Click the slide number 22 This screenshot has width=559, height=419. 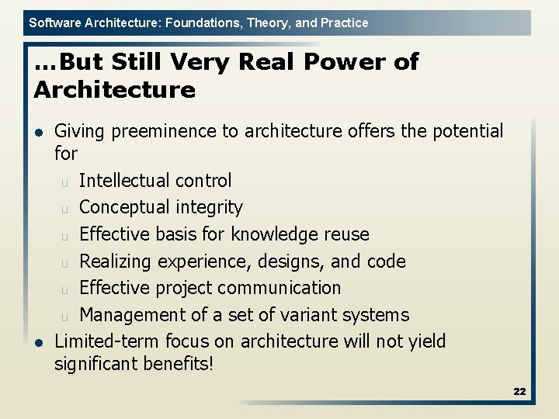pyautogui.click(x=519, y=392)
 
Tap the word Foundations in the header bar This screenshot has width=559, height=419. pyautogui.click(x=196, y=23)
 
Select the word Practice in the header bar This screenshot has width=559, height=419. pyautogui.click(x=342, y=23)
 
